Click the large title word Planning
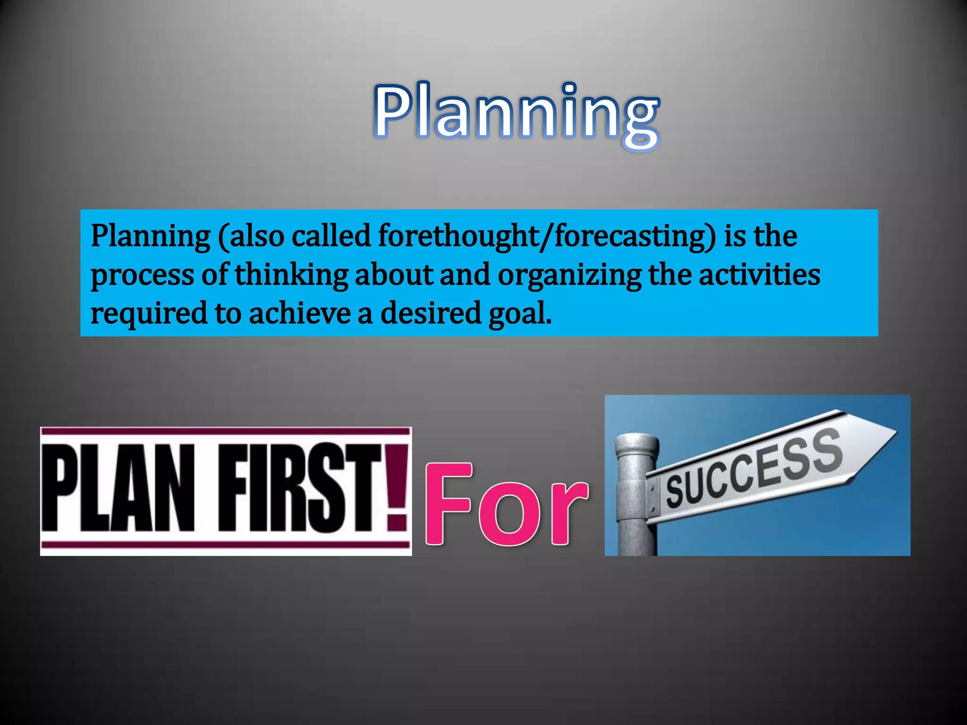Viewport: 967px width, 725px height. [x=517, y=113]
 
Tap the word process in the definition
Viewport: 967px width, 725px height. [x=142, y=275]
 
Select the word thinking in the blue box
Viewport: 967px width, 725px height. [x=291, y=275]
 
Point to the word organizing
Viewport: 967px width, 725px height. [x=569, y=275]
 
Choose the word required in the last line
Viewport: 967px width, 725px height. [x=149, y=313]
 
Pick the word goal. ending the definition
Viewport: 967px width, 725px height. [x=520, y=313]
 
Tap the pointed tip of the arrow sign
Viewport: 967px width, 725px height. [x=894, y=431]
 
